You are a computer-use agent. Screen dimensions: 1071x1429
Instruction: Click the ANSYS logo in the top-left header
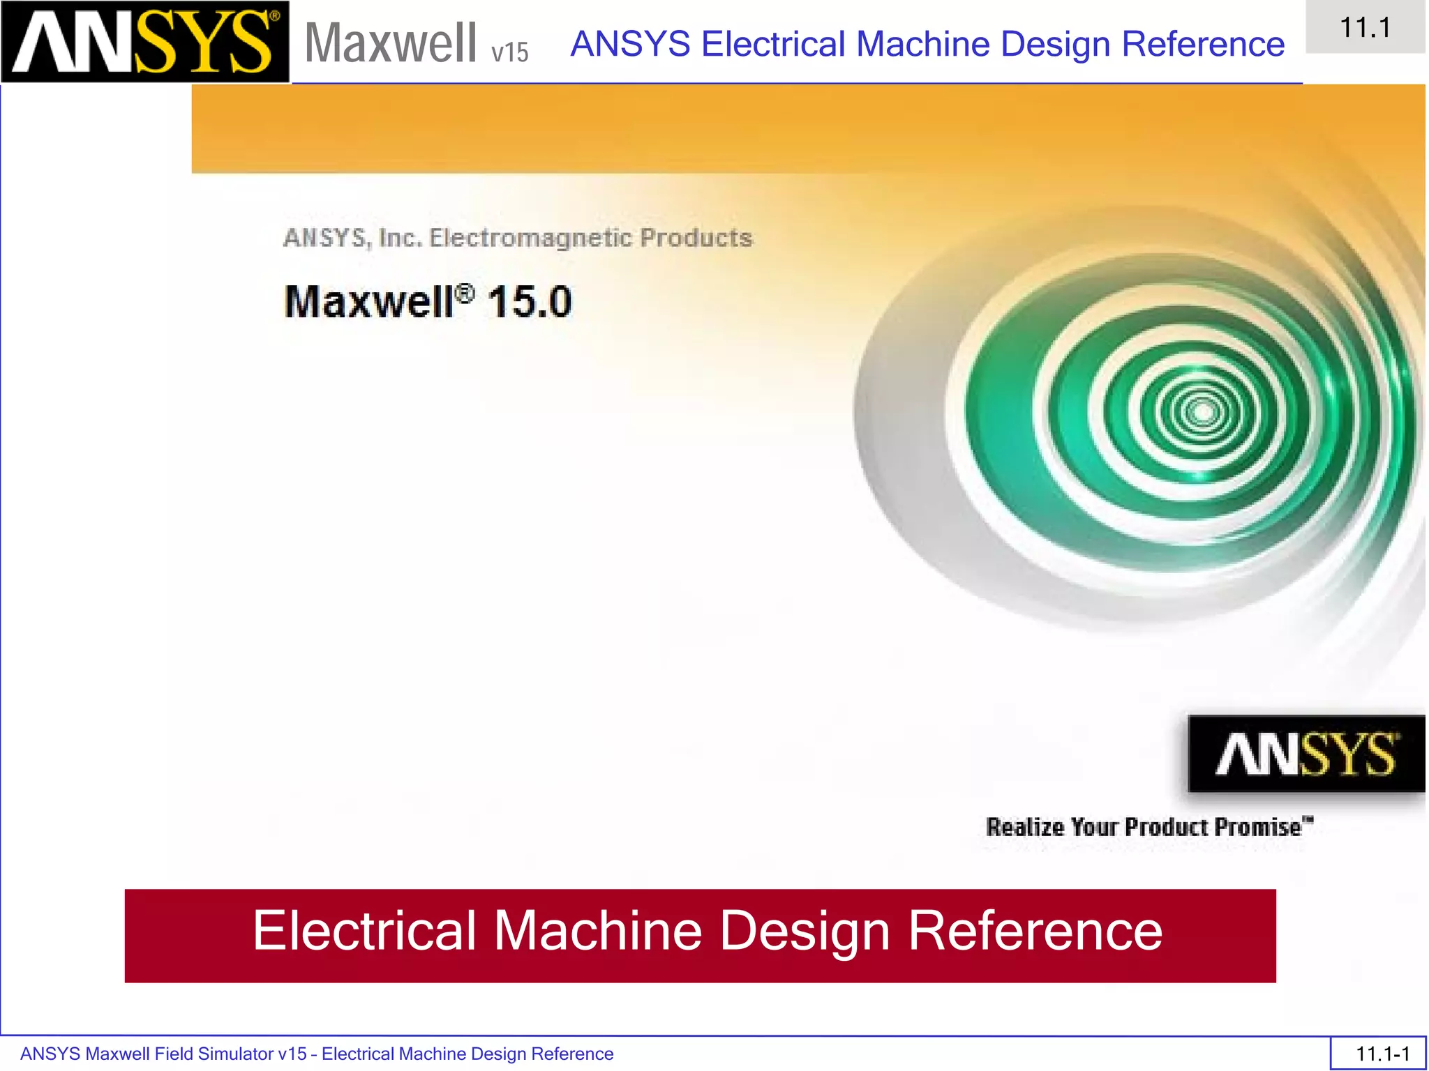144,42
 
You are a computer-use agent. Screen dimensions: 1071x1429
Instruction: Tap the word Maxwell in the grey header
391,43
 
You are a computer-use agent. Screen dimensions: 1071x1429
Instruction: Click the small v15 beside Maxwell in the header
509,52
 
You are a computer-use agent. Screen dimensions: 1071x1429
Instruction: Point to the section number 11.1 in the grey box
1365,28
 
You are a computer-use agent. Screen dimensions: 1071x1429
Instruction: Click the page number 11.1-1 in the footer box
1382,1054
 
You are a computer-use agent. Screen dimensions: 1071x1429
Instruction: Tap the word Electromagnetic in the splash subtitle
530,238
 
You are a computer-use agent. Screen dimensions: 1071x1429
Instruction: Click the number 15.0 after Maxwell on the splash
530,302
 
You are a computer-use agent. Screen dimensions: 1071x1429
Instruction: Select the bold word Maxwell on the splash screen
369,302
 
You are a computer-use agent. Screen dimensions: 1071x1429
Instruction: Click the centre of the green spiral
1202,413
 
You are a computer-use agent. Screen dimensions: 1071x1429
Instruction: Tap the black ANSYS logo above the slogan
1305,754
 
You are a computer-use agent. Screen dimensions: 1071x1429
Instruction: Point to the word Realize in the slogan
1025,827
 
